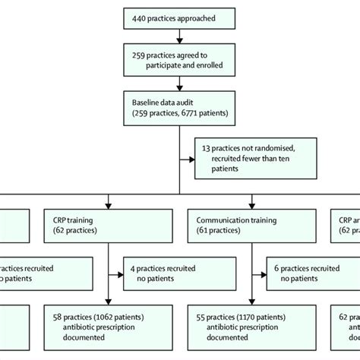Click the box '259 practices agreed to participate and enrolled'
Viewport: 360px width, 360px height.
[179, 60]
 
